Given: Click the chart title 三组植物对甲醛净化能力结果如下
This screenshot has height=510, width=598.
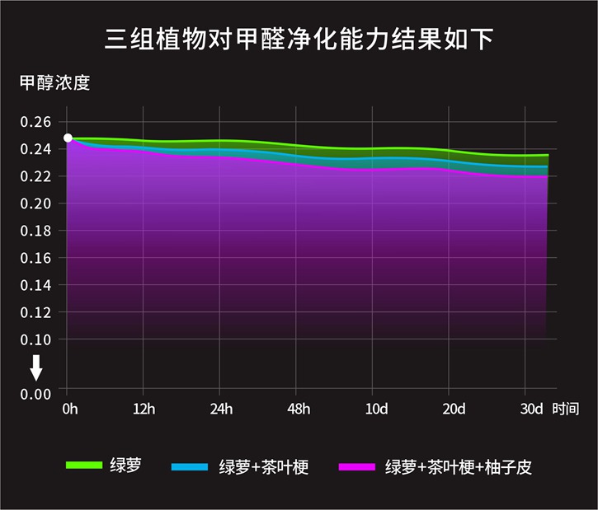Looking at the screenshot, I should [x=299, y=39].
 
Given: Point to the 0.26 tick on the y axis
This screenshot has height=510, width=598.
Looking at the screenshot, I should [x=35, y=122].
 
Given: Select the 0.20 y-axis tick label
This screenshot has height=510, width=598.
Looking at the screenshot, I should [x=35, y=204].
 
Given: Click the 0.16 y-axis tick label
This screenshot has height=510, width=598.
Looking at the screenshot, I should [x=35, y=258].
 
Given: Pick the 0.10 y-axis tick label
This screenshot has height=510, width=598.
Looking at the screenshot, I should [x=35, y=339].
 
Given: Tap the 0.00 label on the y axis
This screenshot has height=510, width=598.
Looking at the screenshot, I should [x=35, y=394].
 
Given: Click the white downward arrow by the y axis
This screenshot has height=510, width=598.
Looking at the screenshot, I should [x=36, y=367].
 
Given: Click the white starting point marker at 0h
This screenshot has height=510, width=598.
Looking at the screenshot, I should [x=68, y=138].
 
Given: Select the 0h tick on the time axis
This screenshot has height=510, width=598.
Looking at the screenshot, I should [x=68, y=409].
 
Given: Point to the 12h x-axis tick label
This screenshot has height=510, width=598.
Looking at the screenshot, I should [x=144, y=409].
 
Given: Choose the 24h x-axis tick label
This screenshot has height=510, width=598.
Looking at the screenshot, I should [x=219, y=409].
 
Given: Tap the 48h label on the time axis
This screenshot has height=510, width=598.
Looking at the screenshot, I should [x=298, y=409].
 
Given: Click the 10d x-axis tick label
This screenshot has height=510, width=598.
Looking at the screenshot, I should [x=375, y=409].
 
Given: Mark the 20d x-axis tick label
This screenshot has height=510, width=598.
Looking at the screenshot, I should [x=450, y=409].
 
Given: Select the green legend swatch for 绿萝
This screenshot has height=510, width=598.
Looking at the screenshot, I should [x=83, y=466].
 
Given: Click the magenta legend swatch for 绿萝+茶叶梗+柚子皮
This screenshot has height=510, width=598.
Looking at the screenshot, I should [x=357, y=467].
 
